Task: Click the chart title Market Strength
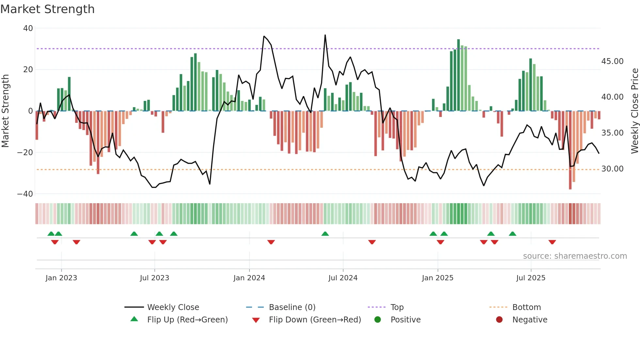47,9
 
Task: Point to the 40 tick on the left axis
28,28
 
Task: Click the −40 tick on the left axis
25,194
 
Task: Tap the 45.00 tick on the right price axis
612,61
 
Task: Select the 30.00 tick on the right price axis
612,169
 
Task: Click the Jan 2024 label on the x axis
249,278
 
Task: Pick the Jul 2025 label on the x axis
531,278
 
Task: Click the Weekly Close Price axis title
634,111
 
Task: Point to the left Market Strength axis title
5,111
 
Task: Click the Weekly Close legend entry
173,307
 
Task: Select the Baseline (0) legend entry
292,307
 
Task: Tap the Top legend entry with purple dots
397,307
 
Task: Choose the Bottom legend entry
526,307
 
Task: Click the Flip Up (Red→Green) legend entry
187,320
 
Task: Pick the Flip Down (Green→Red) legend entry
314,320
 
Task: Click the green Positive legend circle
378,320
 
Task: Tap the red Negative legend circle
499,320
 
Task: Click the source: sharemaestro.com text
575,256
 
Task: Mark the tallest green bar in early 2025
458,75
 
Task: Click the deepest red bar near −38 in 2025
570,150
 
